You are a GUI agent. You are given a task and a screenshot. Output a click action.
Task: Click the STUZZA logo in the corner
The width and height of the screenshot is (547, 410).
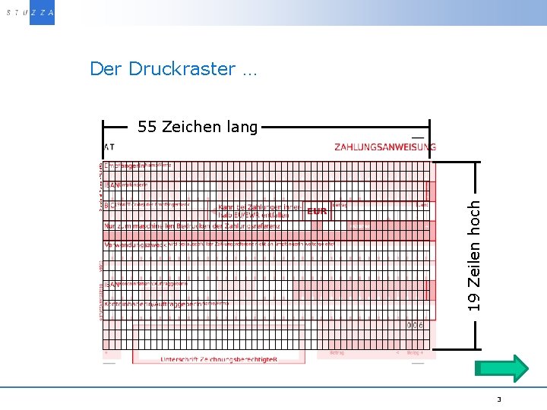pyautogui.click(x=28, y=12)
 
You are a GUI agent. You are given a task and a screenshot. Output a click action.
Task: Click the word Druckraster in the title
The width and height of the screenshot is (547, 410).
pyautogui.click(x=182, y=69)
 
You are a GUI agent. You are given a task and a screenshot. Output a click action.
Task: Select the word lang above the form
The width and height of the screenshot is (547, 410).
pyautogui.click(x=242, y=128)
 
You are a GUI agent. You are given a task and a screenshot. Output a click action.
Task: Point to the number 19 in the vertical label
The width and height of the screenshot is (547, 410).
pyautogui.click(x=474, y=302)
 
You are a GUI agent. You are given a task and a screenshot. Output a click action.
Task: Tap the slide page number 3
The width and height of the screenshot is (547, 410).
pyautogui.click(x=499, y=399)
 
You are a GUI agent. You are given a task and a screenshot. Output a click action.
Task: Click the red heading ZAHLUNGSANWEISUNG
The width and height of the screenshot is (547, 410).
pyautogui.click(x=385, y=147)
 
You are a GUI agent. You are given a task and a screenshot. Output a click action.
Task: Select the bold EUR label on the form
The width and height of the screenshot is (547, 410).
pyautogui.click(x=317, y=211)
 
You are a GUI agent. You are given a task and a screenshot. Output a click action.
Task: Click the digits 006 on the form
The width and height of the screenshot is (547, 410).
pyautogui.click(x=415, y=325)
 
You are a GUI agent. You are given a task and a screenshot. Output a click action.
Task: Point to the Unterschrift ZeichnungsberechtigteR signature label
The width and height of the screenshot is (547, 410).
pyautogui.click(x=219, y=359)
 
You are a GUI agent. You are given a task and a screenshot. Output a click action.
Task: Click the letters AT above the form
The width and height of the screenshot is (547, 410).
pyautogui.click(x=109, y=147)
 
